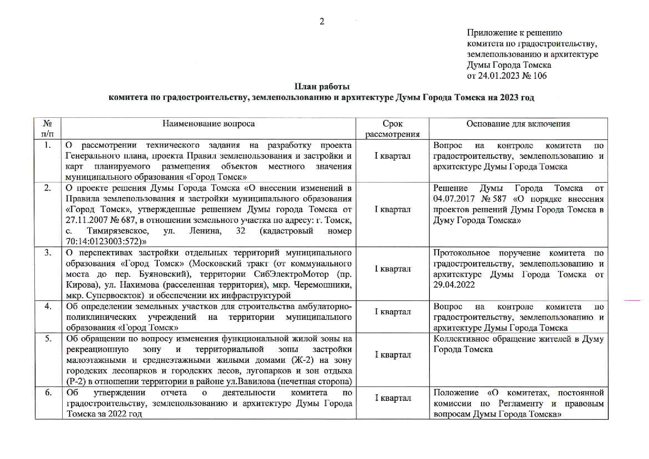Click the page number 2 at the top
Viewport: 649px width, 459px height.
coord(322,21)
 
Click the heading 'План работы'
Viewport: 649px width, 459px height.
coord(322,87)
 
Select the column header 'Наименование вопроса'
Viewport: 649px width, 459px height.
coord(208,124)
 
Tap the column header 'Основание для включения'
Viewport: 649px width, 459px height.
coord(518,124)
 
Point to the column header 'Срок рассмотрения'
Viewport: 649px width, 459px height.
coord(392,129)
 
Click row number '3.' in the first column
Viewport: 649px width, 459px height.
coord(48,253)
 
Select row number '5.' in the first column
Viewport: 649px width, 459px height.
coord(48,339)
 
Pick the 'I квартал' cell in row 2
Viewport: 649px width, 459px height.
coord(392,210)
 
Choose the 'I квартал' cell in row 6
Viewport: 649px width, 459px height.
coord(393,398)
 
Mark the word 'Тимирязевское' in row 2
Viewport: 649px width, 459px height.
coord(118,231)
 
